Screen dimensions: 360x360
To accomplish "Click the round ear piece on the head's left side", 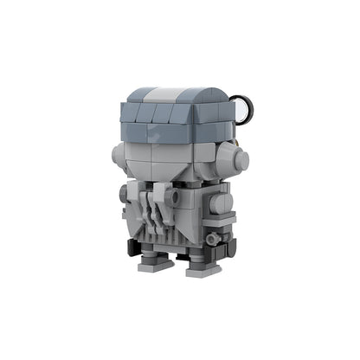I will click(x=121, y=156).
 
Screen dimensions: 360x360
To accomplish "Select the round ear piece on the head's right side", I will click(x=235, y=157).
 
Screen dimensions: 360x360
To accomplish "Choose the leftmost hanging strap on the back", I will click(x=144, y=208).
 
